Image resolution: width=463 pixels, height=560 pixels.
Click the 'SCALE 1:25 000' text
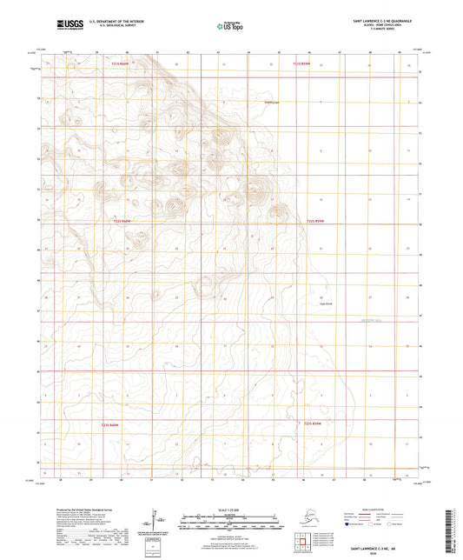click(x=231, y=509)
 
